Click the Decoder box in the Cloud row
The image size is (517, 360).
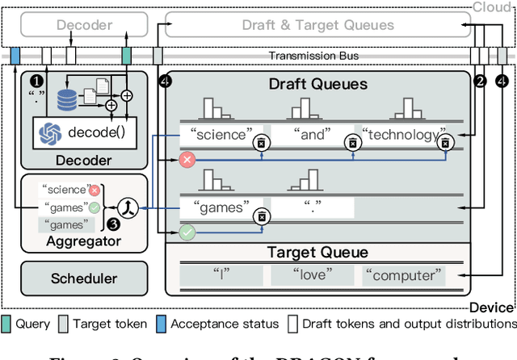[x=83, y=25]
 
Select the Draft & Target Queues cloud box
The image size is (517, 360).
[x=318, y=25]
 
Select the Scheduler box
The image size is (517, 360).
[x=83, y=278]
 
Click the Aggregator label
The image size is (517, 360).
[x=83, y=241]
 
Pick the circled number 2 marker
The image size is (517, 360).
[x=479, y=81]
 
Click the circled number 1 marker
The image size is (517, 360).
[x=36, y=81]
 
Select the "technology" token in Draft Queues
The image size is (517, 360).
[x=401, y=135]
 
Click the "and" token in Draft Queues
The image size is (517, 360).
[x=310, y=135]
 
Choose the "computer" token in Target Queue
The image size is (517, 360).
[x=404, y=275]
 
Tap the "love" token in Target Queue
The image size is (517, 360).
[x=312, y=275]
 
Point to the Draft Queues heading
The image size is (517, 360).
[x=317, y=84]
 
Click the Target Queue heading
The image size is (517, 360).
[x=317, y=253]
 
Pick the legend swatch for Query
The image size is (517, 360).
[x=7, y=324]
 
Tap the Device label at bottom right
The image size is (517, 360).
[x=491, y=308]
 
